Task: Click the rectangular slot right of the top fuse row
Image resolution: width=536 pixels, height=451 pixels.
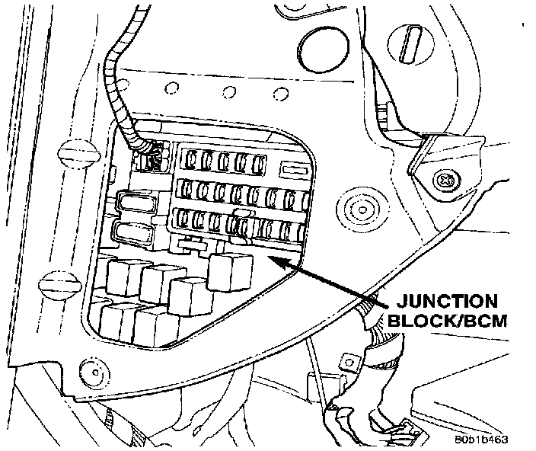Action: click(292, 166)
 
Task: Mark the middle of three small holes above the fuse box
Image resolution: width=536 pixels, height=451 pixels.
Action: click(226, 94)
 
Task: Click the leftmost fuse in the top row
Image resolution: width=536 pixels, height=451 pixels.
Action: click(188, 161)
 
